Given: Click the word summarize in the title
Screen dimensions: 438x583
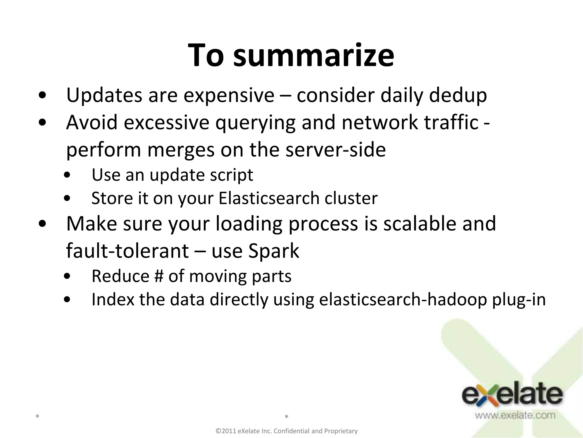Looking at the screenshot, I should (313, 56).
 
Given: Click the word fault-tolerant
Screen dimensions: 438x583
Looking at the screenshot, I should (127, 251).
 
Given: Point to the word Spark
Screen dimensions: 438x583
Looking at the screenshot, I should (274, 251).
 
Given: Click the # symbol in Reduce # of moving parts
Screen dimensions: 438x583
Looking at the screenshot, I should (159, 276).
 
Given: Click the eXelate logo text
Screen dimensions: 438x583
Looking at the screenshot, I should (512, 395).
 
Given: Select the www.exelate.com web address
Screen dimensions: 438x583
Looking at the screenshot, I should (515, 415).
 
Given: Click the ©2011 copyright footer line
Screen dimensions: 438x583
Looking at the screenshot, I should (287, 431).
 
